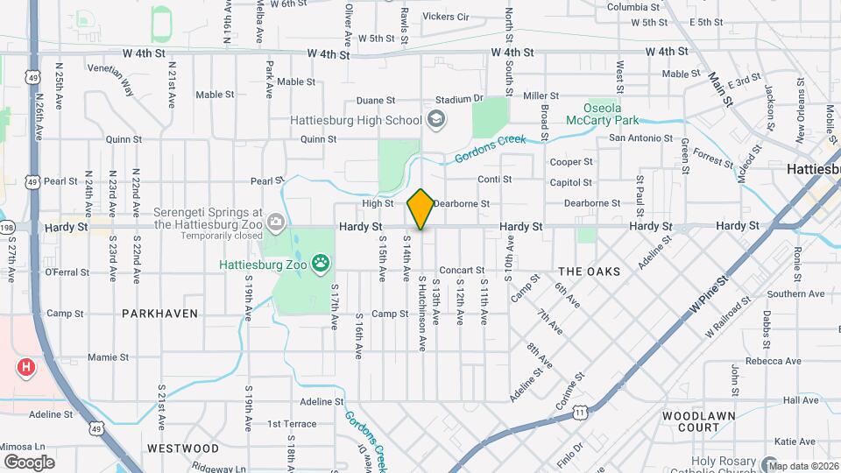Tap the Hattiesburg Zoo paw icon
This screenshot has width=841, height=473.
[x=322, y=261]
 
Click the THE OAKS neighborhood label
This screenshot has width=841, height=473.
[x=589, y=272]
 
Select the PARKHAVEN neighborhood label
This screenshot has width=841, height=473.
[x=159, y=313]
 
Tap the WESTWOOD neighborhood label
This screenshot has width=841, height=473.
[x=182, y=448]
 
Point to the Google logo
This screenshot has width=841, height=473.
[x=29, y=462]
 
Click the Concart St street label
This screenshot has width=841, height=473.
[x=462, y=271]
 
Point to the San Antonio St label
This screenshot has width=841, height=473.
[x=640, y=138]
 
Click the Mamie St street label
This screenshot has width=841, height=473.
[x=109, y=357]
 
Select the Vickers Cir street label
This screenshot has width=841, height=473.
[x=446, y=17]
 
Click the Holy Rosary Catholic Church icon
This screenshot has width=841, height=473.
[x=769, y=463]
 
